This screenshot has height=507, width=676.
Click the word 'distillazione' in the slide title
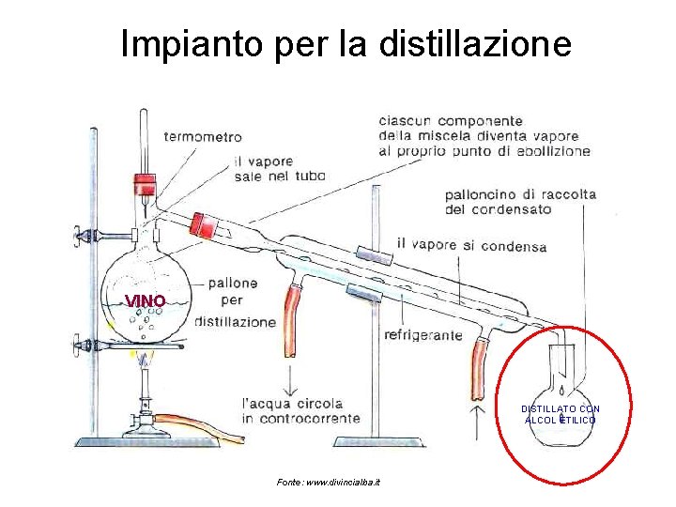point(474,43)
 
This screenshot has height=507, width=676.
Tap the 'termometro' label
point(202,136)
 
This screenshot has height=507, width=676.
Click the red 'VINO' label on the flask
point(146,300)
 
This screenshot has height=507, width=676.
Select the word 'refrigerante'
point(423,334)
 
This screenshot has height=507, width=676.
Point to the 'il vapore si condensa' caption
point(471,246)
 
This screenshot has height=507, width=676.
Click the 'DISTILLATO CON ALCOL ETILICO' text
point(561,414)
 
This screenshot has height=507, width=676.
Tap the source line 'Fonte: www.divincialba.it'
point(329,482)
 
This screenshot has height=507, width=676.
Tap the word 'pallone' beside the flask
point(234,282)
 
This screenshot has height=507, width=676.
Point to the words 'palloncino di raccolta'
point(520,194)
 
